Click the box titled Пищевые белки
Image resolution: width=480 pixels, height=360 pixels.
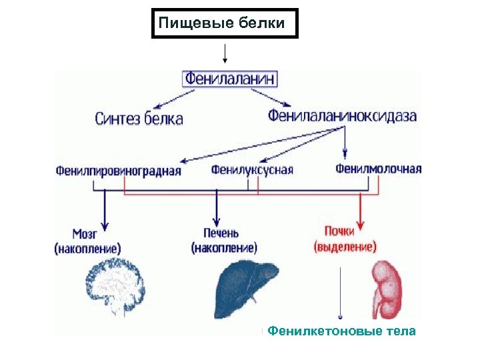coord(225,24)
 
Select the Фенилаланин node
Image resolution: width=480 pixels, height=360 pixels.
coord(230,79)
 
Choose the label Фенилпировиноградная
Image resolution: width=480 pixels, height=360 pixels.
coord(118,170)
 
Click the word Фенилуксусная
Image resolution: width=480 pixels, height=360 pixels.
coord(252,169)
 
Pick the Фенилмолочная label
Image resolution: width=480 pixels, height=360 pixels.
coord(378,169)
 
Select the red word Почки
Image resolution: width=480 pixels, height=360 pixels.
coord(344,232)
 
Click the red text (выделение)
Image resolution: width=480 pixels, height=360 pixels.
coord(345,247)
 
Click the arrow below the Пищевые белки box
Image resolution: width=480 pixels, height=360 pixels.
coord(225,54)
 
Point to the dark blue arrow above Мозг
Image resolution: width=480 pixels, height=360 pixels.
coord(104,210)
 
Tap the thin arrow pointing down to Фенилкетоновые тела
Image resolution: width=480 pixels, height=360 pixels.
coord(341,293)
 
